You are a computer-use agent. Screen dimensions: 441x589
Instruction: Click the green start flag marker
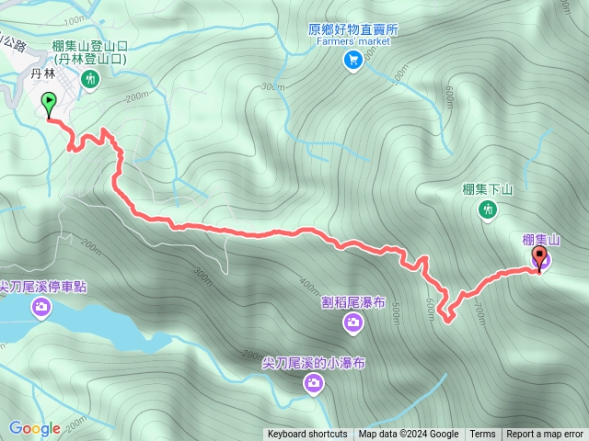tap(48, 103)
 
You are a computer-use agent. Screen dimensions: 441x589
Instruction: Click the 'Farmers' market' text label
tap(353, 41)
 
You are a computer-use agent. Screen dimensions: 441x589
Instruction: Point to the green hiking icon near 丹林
tap(90, 80)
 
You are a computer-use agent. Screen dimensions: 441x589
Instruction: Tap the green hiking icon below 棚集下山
tap(488, 210)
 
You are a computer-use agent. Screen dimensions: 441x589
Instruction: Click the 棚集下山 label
tap(487, 190)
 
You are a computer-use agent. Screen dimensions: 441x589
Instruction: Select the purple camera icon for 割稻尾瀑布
tap(353, 322)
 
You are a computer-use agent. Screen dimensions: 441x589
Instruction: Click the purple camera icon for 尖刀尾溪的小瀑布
tap(314, 384)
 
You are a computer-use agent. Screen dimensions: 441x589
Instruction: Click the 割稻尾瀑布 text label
tap(353, 300)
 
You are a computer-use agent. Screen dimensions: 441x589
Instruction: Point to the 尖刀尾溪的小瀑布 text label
tap(314, 363)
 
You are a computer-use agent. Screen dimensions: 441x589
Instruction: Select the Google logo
tap(35, 428)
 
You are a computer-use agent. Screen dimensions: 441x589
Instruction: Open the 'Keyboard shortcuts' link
tap(307, 435)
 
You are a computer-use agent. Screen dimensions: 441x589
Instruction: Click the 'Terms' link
tap(482, 435)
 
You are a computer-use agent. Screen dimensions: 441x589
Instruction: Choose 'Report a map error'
tap(545, 435)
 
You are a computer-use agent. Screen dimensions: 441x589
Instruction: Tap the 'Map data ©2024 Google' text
tap(409, 435)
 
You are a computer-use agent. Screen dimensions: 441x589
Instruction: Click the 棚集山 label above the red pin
tap(541, 240)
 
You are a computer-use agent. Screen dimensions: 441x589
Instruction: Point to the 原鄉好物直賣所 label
tap(353, 29)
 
